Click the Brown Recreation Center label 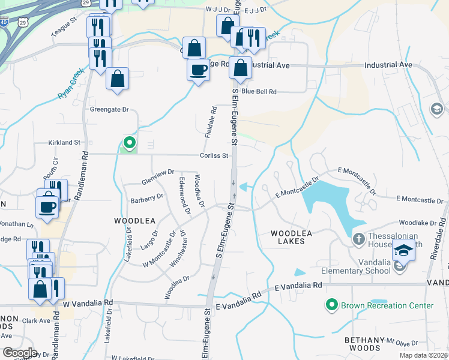coord(387,305)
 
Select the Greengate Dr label coord(109,109)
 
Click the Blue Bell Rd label coord(259,92)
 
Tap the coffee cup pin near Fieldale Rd coord(198,71)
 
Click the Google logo coord(19,352)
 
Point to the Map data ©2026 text coord(423,355)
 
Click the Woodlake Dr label coord(418,223)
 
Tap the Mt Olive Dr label coord(402,341)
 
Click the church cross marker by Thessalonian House coord(358,239)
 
